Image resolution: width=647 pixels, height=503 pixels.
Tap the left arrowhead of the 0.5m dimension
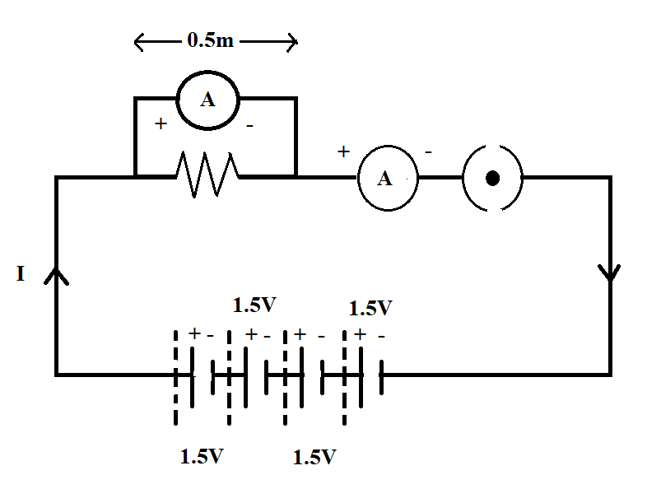(138, 41)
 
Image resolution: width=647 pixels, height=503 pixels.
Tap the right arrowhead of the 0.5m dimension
(291, 41)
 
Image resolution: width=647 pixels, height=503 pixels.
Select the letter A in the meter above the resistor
(207, 100)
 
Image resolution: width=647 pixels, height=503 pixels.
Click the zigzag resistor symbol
(207, 175)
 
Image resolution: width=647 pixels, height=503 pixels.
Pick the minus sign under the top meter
(249, 125)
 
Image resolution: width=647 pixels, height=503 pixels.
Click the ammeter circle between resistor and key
(386, 178)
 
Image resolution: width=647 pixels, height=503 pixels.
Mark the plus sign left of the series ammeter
(343, 152)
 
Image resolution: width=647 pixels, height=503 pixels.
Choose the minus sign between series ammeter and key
(428, 152)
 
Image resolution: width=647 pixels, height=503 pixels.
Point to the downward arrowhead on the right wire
(610, 272)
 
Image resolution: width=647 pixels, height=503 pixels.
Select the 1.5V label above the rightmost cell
(370, 309)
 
